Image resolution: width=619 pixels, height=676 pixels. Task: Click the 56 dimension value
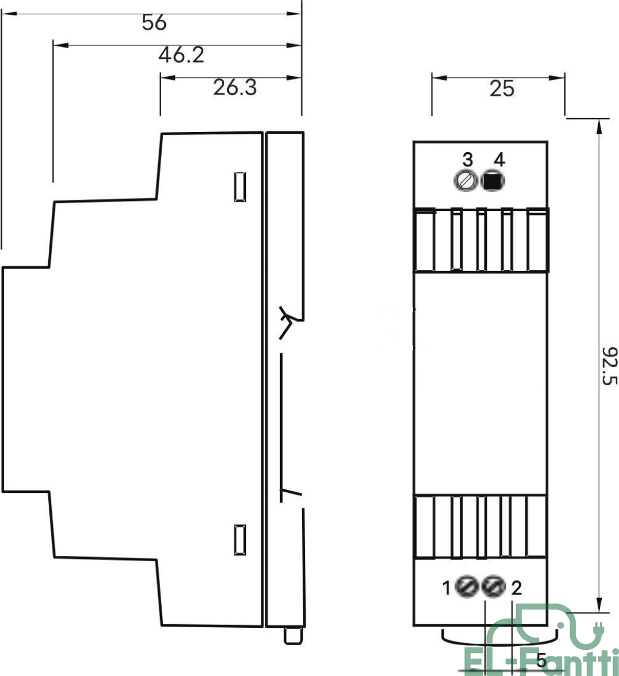pyautogui.click(x=154, y=23)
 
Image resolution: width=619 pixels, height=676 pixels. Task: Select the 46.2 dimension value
pyautogui.click(x=181, y=55)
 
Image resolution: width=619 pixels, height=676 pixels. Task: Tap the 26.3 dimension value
pyautogui.click(x=235, y=87)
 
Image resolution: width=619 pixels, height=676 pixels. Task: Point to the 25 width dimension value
pyautogui.click(x=502, y=89)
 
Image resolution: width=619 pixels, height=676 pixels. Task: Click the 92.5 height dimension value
pyautogui.click(x=610, y=366)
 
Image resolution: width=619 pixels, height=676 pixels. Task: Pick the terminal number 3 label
pyautogui.click(x=468, y=160)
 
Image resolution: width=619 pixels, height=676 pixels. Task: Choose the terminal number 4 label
pyautogui.click(x=499, y=160)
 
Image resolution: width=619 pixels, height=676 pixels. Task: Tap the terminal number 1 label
pyautogui.click(x=447, y=587)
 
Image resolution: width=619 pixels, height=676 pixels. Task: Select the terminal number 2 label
pyautogui.click(x=516, y=587)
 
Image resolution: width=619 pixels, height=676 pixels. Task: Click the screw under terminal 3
pyautogui.click(x=466, y=181)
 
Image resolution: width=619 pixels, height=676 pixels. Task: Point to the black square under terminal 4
pyautogui.click(x=493, y=181)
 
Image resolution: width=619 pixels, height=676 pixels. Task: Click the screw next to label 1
pyautogui.click(x=467, y=587)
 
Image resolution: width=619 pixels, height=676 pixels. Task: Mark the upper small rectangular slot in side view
pyautogui.click(x=240, y=187)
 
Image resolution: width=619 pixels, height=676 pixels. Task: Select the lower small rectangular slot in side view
pyautogui.click(x=240, y=540)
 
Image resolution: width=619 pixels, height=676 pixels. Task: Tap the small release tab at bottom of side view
pyautogui.click(x=293, y=636)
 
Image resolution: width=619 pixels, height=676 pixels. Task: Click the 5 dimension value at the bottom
pyautogui.click(x=542, y=660)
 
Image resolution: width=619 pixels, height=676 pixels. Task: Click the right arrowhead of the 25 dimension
pyautogui.click(x=557, y=78)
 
